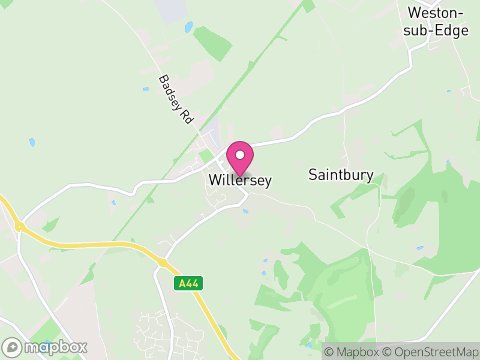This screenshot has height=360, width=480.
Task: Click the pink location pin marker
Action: tap(240, 157)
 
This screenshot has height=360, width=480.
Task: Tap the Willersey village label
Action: tap(240, 180)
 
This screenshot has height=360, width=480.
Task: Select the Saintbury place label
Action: tap(341, 175)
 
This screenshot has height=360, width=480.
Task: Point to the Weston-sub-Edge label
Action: tap(437, 22)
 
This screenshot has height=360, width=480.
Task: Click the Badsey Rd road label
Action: tap(175, 99)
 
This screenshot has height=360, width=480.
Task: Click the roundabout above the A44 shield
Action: tap(163, 262)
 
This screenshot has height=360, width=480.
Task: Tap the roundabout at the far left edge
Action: tap(19, 226)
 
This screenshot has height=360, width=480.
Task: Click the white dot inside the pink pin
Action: tap(240, 155)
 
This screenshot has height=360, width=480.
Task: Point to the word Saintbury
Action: tap(341, 175)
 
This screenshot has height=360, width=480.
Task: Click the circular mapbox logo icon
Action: tap(13, 347)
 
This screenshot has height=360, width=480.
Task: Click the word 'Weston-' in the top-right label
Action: tap(436, 13)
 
